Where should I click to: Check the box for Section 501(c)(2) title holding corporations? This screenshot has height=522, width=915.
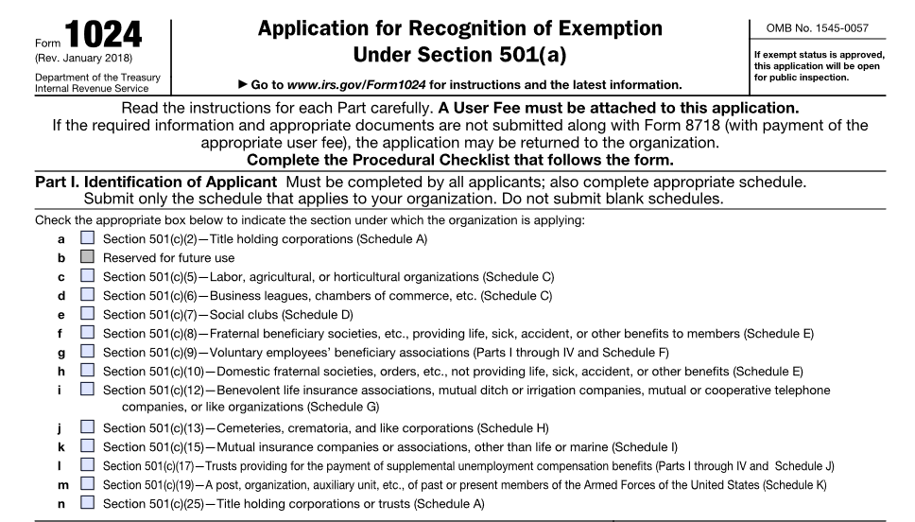pyautogui.click(x=88, y=239)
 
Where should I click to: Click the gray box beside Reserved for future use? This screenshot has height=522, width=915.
pyautogui.click(x=88, y=257)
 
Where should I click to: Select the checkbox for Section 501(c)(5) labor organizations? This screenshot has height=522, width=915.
pyautogui.click(x=88, y=276)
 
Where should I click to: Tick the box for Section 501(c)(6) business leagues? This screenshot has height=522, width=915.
pyautogui.click(x=88, y=295)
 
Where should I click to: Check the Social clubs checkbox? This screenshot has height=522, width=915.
pyautogui.click(x=88, y=314)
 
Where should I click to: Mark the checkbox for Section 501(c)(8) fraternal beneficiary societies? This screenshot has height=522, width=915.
pyautogui.click(x=88, y=333)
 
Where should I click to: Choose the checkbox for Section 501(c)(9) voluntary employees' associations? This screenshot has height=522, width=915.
pyautogui.click(x=88, y=352)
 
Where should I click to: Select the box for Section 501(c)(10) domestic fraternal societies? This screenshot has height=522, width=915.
pyautogui.click(x=88, y=371)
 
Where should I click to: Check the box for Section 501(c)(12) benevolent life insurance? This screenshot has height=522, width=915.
pyautogui.click(x=88, y=390)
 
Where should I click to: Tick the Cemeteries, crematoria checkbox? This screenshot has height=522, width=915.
pyautogui.click(x=88, y=427)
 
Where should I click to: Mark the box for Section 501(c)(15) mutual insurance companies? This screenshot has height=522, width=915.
pyautogui.click(x=88, y=445)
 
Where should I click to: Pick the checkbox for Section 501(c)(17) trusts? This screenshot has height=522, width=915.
pyautogui.click(x=88, y=464)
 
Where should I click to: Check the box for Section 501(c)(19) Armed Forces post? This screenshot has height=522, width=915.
pyautogui.click(x=88, y=483)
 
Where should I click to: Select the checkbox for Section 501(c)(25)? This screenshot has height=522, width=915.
pyautogui.click(x=88, y=502)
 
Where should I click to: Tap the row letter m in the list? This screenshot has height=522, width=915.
pyautogui.click(x=61, y=484)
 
